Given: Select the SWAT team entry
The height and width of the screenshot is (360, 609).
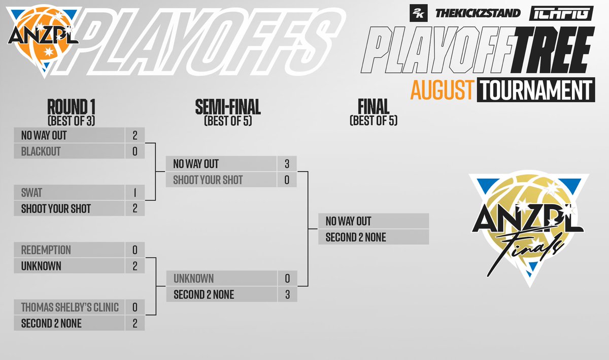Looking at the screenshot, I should pyautogui.click(x=32, y=193).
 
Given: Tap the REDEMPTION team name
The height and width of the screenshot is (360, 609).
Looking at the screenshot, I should pyautogui.click(x=46, y=250).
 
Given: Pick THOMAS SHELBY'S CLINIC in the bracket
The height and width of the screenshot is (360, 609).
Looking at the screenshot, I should pyautogui.click(x=70, y=307).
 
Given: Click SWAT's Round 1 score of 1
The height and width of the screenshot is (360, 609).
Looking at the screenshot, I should pyautogui.click(x=135, y=193).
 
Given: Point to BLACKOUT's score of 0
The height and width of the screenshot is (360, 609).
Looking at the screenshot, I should pyautogui.click(x=135, y=151).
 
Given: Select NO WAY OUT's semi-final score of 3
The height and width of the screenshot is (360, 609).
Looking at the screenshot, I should pyautogui.click(x=287, y=164).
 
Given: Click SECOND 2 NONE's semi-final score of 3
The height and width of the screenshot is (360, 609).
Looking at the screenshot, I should pyautogui.click(x=287, y=294).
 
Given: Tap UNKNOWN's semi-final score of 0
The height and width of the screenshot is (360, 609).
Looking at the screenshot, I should pyautogui.click(x=287, y=278).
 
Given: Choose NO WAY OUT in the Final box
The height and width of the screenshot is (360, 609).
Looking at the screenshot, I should pyautogui.click(x=348, y=221).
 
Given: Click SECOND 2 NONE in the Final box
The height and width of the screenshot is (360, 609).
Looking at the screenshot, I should pyautogui.click(x=356, y=237).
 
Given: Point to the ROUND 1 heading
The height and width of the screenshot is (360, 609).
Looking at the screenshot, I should pyautogui.click(x=71, y=108).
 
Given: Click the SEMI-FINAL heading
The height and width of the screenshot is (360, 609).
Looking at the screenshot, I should pyautogui.click(x=228, y=108).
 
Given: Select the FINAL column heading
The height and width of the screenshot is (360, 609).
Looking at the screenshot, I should pyautogui.click(x=373, y=107).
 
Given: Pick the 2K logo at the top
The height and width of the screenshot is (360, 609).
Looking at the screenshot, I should pyautogui.click(x=419, y=13).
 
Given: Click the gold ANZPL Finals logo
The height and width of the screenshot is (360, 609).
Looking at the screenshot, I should pyautogui.click(x=528, y=228).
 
